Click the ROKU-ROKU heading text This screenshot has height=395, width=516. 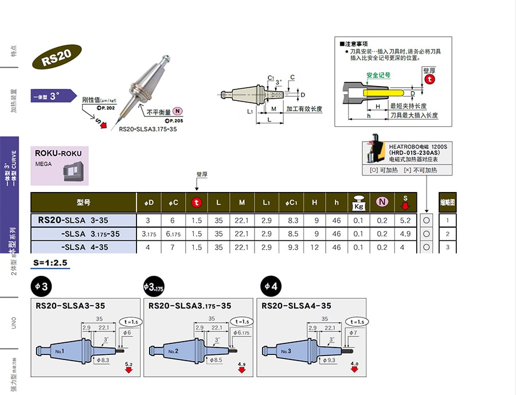[x=58, y=153]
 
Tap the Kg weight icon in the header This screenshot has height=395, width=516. [x=359, y=202]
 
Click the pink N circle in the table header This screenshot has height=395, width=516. [x=381, y=202]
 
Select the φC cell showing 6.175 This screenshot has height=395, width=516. [x=173, y=234]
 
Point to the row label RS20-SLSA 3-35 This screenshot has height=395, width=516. [x=73, y=220]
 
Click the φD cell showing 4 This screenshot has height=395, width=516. [x=148, y=247]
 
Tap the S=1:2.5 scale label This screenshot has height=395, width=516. [x=51, y=263]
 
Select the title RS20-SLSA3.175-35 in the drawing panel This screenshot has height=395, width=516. [x=190, y=306]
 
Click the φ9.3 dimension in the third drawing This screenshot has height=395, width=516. [x=329, y=360]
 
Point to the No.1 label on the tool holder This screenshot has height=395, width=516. [x=59, y=350]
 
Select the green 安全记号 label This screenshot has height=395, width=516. [x=378, y=75]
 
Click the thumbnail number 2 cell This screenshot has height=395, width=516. [x=447, y=234]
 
